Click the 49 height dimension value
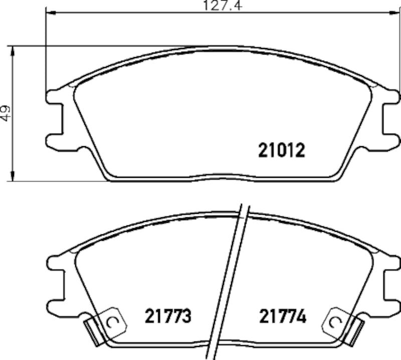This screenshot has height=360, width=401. pos(6,113)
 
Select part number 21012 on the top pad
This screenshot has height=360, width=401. pos(281,150)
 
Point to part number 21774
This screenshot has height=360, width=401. pos(282,316)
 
